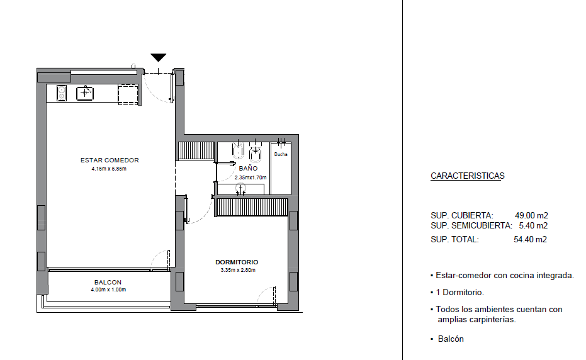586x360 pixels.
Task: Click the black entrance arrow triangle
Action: click(x=159, y=57)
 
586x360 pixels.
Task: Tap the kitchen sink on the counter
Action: click(x=85, y=93)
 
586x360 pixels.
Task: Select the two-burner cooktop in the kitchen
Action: click(x=62, y=93)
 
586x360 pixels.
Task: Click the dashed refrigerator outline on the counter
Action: click(x=128, y=94)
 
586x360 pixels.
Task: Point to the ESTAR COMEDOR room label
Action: click(x=110, y=160)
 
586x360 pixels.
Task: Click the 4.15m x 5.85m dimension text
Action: click(x=109, y=169)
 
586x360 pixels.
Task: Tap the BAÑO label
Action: click(x=248, y=168)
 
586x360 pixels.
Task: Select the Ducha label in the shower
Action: click(x=281, y=154)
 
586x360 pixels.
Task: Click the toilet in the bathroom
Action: click(x=256, y=152)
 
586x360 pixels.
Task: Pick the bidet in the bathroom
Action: click(x=238, y=150)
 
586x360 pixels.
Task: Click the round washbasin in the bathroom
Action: click(x=240, y=189)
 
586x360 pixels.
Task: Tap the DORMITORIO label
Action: click(x=237, y=262)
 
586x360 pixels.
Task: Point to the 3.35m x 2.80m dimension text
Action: click(x=238, y=270)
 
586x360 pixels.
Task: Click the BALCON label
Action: click(x=108, y=282)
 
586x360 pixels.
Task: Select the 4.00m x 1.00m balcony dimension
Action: click(x=108, y=290)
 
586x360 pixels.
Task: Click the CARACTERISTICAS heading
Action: click(x=468, y=176)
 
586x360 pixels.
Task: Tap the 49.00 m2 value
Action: click(x=531, y=215)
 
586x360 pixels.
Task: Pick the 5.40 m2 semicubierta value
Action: click(x=533, y=225)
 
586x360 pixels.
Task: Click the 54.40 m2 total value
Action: click(x=531, y=239)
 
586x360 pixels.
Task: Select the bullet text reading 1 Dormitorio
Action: click(x=459, y=292)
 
